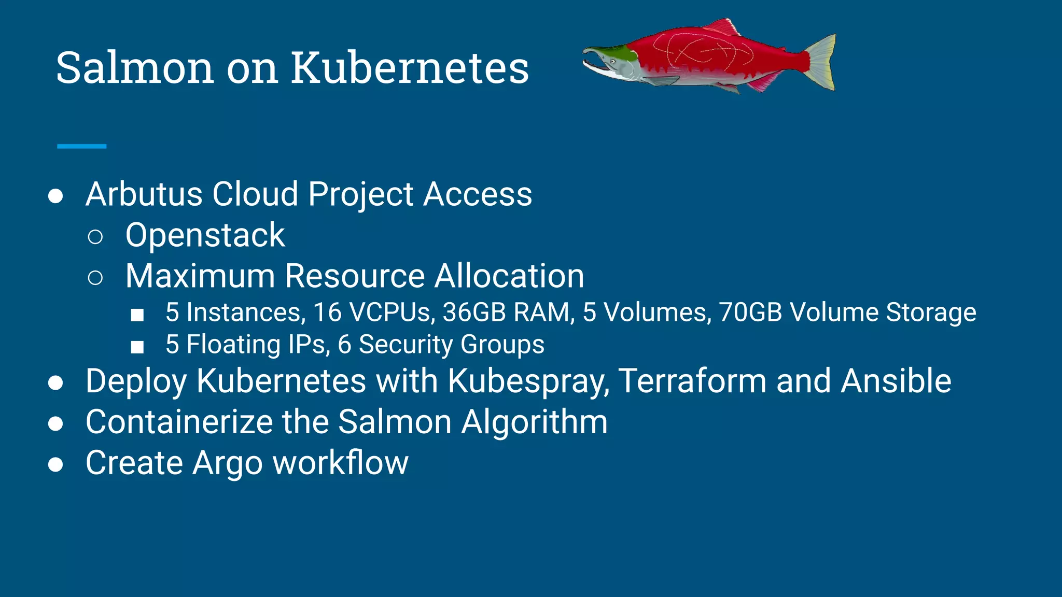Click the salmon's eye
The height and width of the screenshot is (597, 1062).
click(x=612, y=61)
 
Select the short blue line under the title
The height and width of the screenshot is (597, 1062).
click(x=81, y=147)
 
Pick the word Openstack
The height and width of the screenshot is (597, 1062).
click(x=205, y=235)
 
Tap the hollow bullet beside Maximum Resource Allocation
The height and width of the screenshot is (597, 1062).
click(x=95, y=278)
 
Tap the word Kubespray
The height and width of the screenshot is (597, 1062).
click(x=529, y=381)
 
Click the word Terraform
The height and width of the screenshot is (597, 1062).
click(x=692, y=381)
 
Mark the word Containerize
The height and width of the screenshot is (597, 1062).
click(x=179, y=422)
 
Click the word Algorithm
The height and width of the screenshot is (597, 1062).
click(x=534, y=422)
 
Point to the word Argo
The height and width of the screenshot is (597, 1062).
click(x=228, y=463)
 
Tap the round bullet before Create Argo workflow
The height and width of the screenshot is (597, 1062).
click(x=55, y=464)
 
